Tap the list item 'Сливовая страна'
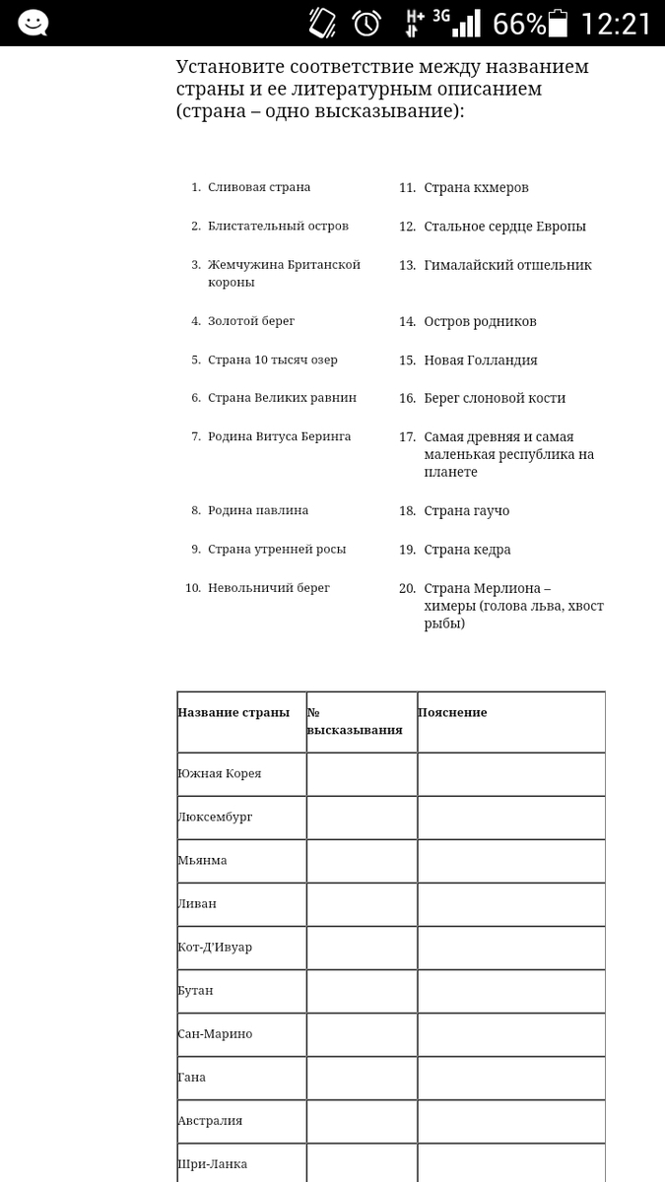pos(258,187)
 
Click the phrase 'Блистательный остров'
pos(278,226)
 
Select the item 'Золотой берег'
pos(250,321)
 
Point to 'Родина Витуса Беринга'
pos(279,436)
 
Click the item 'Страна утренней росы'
pos(276,549)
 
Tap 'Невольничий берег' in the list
pos(268,588)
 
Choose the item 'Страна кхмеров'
pos(476,187)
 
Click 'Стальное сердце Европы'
pos(504,227)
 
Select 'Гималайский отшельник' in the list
pos(507,265)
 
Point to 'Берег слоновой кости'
pos(495,398)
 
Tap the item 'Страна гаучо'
pos(466,511)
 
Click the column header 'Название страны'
pos(233,712)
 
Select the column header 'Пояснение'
pos(452,712)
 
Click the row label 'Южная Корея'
pos(220,773)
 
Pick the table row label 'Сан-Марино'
pos(215,1033)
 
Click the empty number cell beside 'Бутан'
pos(362,991)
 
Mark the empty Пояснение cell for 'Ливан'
pos(510,904)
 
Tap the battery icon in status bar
pos(559,23)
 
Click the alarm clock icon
pos(367,23)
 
